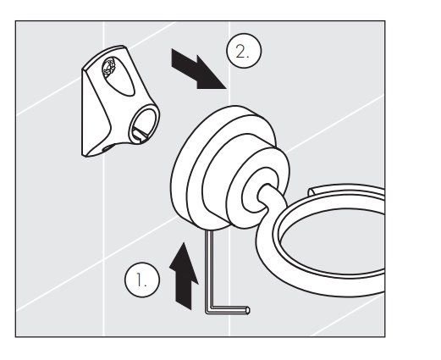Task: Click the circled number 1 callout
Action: pos(142,280)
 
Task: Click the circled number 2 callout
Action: pos(244,51)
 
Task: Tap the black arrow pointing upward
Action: pos(184,277)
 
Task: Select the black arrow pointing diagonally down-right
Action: pos(198,69)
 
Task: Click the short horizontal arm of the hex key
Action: pos(229,310)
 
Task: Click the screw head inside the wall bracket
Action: pos(109,65)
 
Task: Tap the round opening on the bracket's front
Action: pos(144,125)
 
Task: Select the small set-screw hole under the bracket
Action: pos(107,147)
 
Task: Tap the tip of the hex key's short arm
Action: pos(249,310)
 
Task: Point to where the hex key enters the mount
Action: pos(209,230)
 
